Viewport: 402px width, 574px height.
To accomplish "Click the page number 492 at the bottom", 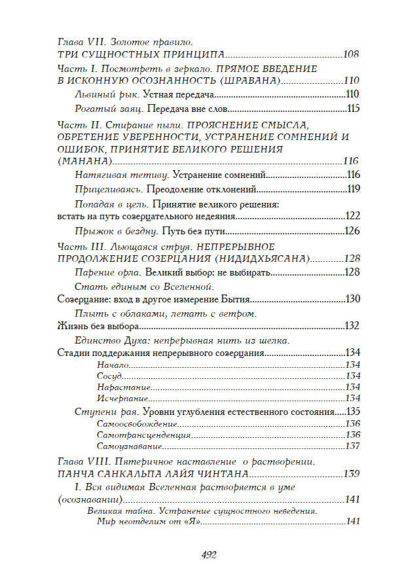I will (208, 555).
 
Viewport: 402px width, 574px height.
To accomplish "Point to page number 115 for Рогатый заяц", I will (354, 109).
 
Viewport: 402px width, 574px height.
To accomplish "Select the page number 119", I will (354, 189).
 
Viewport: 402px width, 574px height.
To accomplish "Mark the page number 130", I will (354, 299).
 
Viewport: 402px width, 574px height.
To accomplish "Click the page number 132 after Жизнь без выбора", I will (354, 326).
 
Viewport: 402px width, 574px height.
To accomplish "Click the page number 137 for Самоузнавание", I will (354, 446).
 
